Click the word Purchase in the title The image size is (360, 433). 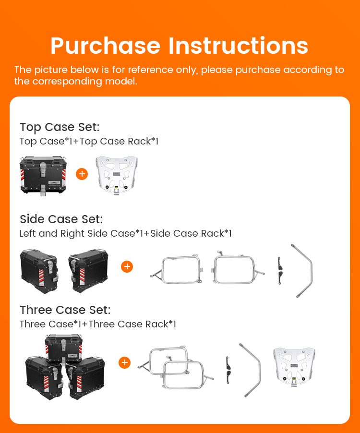click(x=105, y=46)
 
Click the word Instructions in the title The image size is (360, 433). click(x=238, y=46)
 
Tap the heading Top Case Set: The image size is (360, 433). click(x=60, y=127)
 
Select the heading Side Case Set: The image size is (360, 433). click(x=61, y=219)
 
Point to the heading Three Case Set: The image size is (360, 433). click(x=65, y=310)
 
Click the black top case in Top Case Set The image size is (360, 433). click(x=43, y=175)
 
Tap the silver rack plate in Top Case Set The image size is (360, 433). click(x=117, y=175)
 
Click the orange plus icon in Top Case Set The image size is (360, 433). click(x=82, y=174)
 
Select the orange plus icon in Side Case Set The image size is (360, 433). click(x=127, y=266)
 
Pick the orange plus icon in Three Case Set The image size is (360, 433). click(x=124, y=362)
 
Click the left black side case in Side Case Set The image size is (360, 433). click(x=39, y=271)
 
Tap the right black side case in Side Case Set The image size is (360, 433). click(x=88, y=271)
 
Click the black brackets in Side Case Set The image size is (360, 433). click(x=280, y=271)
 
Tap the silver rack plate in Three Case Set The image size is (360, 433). click(x=294, y=367)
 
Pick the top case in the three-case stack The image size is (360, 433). click(x=64, y=349)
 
